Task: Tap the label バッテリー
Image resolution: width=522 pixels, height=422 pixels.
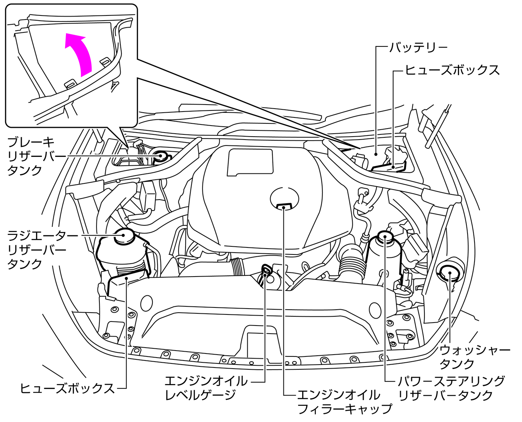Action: (x=419, y=48)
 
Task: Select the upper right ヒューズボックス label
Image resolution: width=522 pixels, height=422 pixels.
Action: (x=452, y=70)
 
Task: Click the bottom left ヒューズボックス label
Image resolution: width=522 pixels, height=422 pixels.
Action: (x=67, y=388)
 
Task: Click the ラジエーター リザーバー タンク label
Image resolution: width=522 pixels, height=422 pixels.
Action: (x=37, y=250)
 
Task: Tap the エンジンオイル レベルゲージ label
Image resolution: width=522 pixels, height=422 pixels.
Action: (x=206, y=388)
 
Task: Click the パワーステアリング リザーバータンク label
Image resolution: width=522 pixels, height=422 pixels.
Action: (x=451, y=388)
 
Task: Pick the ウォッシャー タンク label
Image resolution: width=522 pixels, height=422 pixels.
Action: (x=475, y=357)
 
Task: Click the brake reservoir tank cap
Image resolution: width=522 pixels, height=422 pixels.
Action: (x=161, y=156)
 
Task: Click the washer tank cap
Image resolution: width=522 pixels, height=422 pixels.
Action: (x=449, y=272)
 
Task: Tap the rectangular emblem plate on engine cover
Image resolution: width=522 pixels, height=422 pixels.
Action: (x=250, y=162)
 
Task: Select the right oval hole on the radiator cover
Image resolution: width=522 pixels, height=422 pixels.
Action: (x=375, y=310)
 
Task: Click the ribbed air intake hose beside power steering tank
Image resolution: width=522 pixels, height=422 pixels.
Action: (x=352, y=265)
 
